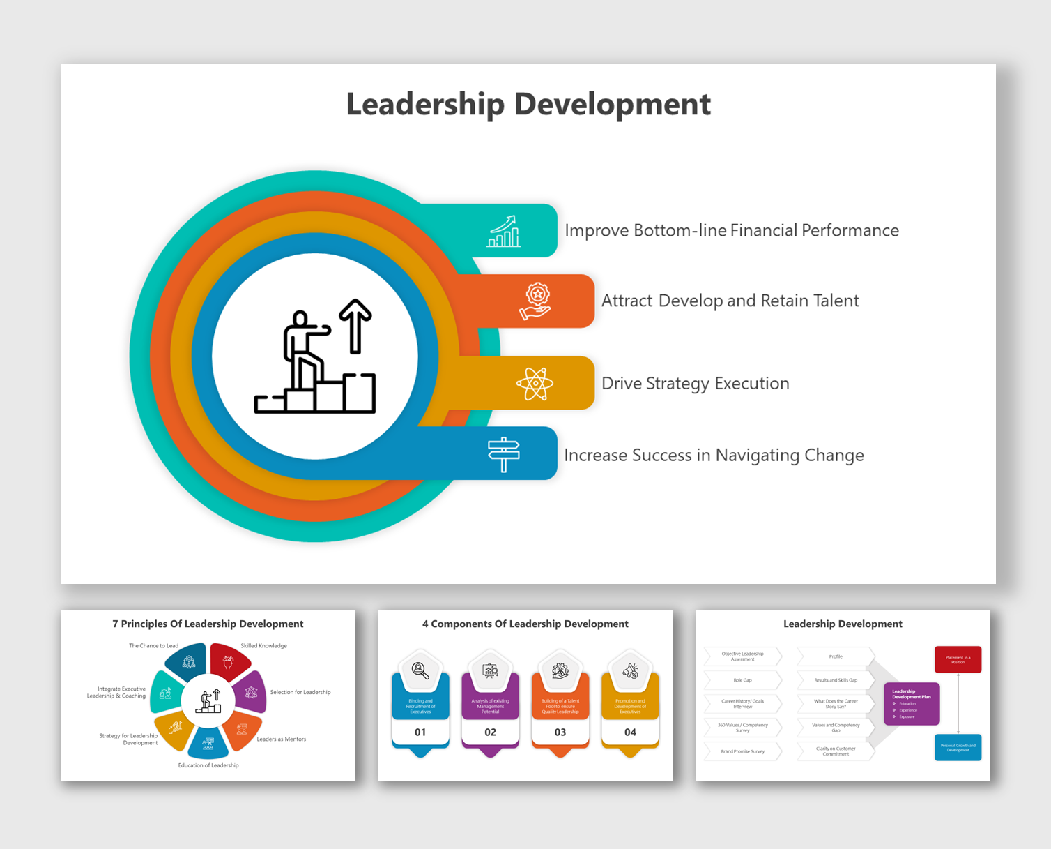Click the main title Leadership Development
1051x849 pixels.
coord(528,105)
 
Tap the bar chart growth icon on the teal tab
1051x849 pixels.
coord(503,231)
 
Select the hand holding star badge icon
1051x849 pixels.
coord(536,301)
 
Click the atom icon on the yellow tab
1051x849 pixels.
coord(535,384)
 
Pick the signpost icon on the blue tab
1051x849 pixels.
coord(503,454)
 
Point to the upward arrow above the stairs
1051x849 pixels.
coord(355,325)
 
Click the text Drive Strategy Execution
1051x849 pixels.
coord(695,384)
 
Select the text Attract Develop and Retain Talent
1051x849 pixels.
coord(730,301)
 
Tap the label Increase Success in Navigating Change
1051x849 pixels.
coord(714,456)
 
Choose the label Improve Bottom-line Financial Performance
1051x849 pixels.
coord(731,231)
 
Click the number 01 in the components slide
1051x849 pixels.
coord(420,732)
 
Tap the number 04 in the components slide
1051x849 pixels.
coord(630,732)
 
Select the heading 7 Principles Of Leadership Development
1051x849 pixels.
coord(208,624)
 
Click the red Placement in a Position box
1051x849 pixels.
coord(958,659)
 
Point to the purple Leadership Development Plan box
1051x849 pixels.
coord(912,704)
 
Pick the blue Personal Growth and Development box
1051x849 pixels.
coord(958,747)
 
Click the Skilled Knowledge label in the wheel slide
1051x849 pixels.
coord(263,646)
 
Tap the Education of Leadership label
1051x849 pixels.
coord(208,765)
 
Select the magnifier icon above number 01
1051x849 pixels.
coord(420,671)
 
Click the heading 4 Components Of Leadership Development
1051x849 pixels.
coord(525,624)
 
